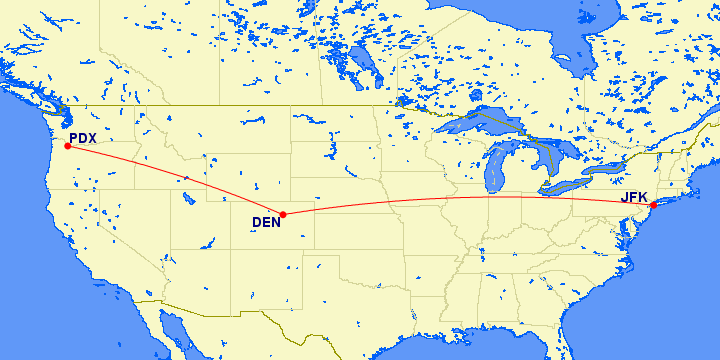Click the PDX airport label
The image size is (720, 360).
coord(82,138)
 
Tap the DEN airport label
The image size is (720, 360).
coord(266,222)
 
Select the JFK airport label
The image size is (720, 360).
coord(634,197)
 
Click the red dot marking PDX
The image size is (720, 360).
coord(67,146)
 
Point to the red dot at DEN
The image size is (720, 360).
coord(284,214)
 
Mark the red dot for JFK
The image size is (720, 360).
coord(653,206)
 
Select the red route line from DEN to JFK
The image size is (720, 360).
coord(470,198)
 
